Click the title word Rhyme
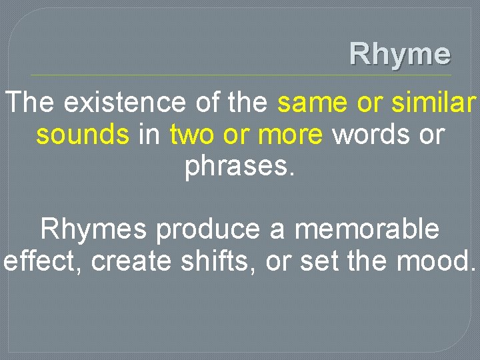click(x=400, y=54)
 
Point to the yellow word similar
click(x=435, y=103)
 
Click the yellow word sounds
click(x=83, y=135)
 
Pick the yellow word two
click(x=193, y=135)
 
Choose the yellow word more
click(x=291, y=135)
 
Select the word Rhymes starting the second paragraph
click(x=94, y=229)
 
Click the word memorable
click(x=367, y=229)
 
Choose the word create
click(x=131, y=261)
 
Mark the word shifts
click(x=218, y=261)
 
